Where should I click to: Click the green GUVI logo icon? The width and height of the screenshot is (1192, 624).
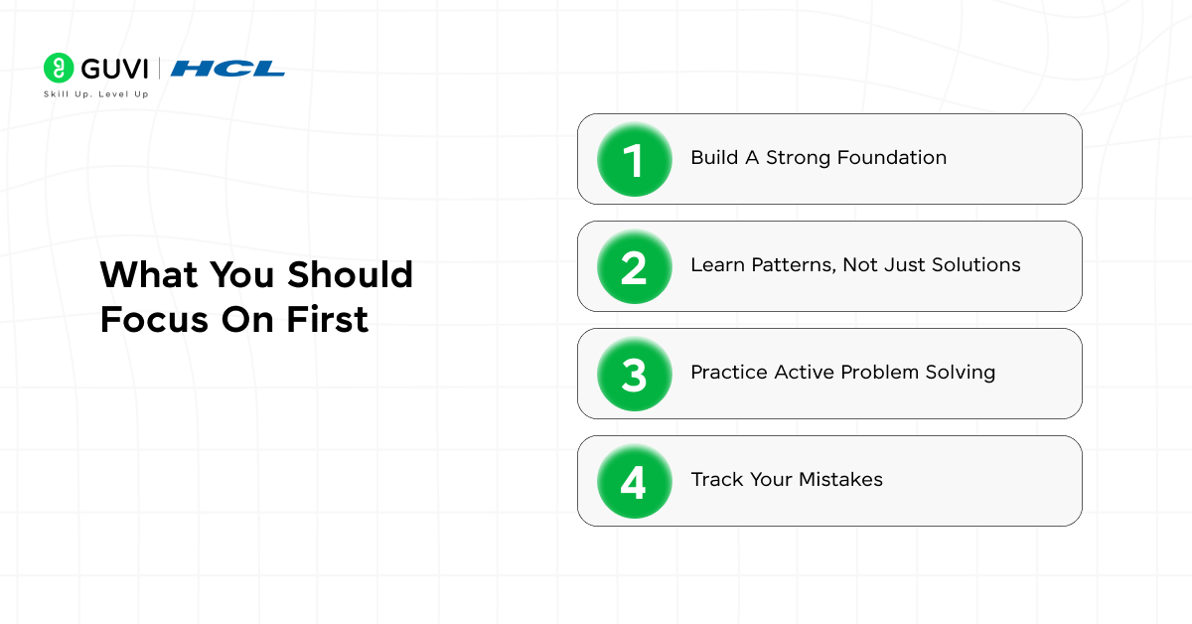(59, 68)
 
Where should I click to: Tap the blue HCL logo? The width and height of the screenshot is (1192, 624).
(227, 69)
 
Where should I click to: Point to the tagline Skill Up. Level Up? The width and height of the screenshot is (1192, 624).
(95, 94)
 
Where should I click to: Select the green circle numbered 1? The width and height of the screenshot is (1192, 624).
(634, 159)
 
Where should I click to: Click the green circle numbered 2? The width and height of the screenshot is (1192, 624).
(634, 266)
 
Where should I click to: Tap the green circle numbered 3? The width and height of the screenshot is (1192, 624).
(634, 374)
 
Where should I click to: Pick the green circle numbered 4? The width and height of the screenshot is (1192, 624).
(634, 481)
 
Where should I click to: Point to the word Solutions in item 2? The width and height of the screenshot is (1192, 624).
(975, 265)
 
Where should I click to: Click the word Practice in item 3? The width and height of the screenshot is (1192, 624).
(729, 373)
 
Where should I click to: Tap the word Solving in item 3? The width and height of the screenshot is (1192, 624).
(958, 373)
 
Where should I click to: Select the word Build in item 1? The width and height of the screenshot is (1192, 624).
(714, 158)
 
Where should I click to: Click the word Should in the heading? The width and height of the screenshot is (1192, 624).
(350, 275)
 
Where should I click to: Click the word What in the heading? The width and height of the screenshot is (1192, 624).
(145, 275)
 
